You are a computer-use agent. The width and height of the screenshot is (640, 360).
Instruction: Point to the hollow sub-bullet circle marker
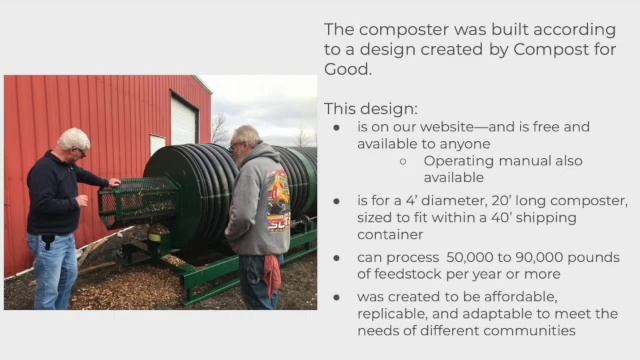coord(402,161)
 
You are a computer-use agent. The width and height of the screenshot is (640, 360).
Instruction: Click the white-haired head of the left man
coord(73,141)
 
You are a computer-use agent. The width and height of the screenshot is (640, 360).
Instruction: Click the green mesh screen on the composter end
coord(134,201)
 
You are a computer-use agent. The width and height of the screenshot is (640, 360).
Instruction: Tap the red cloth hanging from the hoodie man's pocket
coord(272,273)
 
